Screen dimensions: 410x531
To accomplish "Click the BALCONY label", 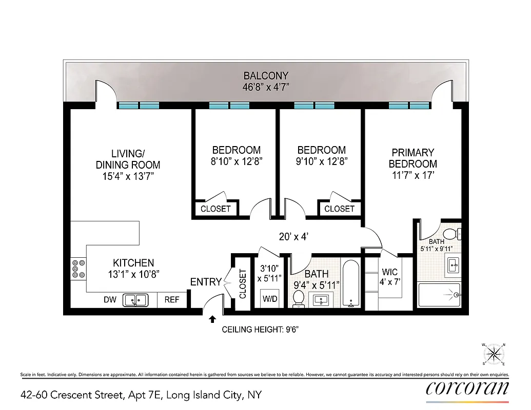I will coord(266,76).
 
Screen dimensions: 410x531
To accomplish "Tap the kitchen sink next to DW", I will coord(136,299).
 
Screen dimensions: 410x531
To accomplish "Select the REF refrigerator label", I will coord(172,299).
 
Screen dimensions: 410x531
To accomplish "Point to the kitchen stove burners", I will coord(78,269).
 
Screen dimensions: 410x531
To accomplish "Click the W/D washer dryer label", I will coord(270,299).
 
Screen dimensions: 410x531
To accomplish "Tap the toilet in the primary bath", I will coord(451,234).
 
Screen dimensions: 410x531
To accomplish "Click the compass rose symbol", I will coord(495,354).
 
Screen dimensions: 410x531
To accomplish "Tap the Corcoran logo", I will coord(467,388).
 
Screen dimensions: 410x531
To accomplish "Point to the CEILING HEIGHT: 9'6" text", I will coord(260,330).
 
